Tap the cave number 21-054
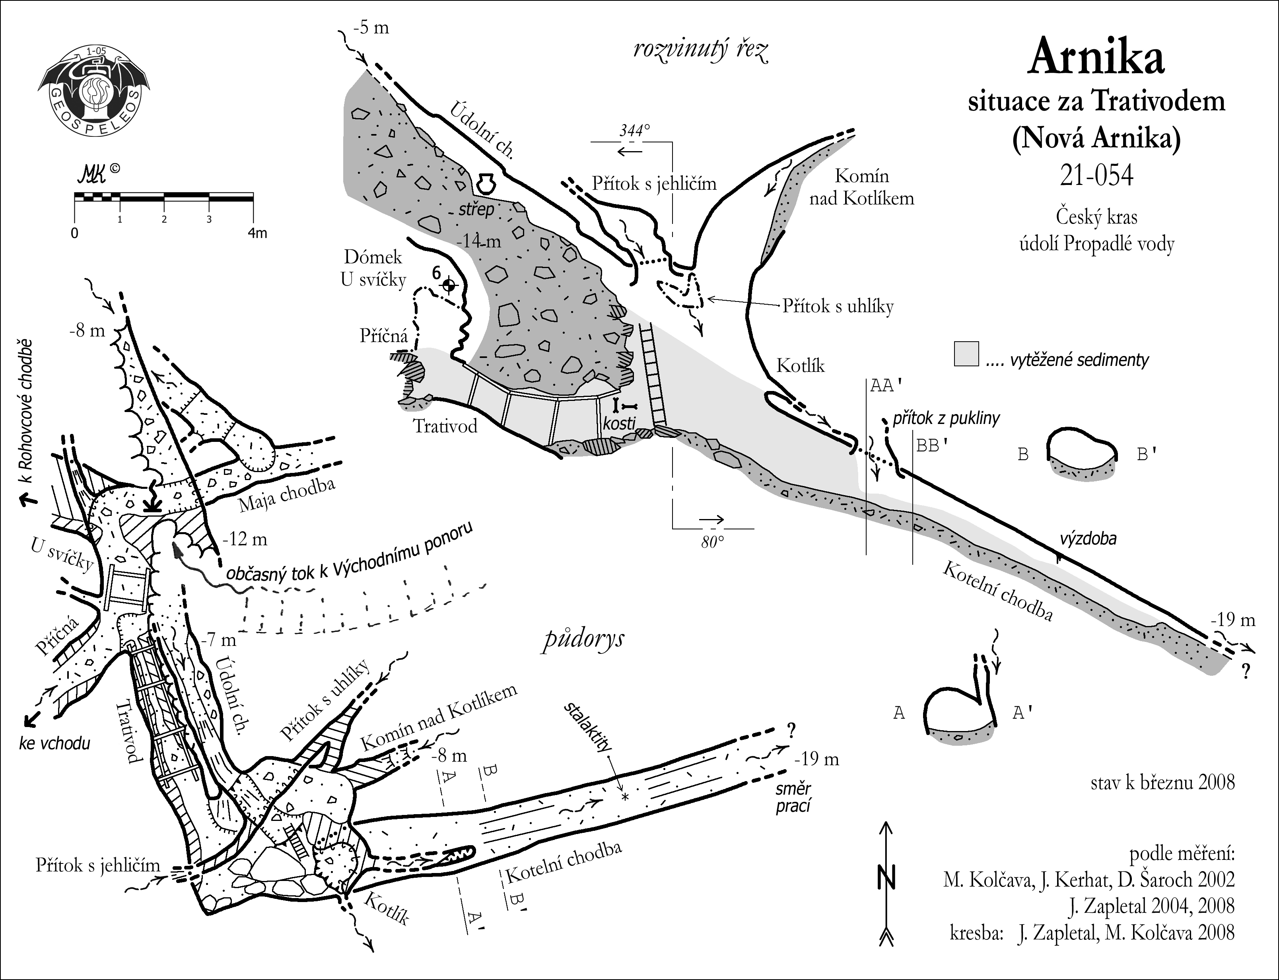point(1096,175)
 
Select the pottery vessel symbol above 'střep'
point(484,183)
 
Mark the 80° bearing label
point(712,541)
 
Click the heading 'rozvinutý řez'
point(701,51)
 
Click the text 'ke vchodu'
point(54,744)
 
